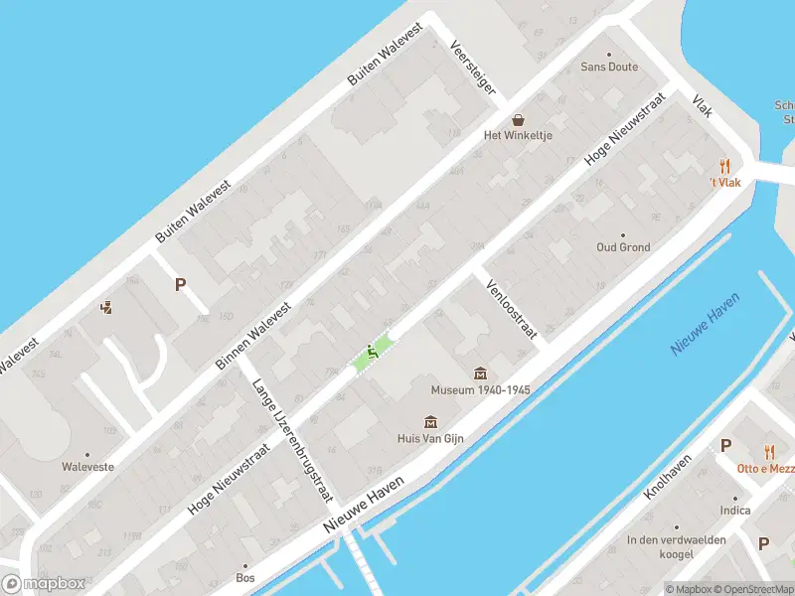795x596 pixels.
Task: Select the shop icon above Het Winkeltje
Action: (x=518, y=119)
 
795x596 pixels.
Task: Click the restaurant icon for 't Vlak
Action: (x=725, y=167)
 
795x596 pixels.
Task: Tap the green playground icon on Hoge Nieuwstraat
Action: (x=373, y=351)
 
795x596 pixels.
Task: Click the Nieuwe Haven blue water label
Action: (x=707, y=331)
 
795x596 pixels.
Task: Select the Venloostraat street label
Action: (x=511, y=310)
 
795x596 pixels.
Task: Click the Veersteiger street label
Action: (x=473, y=68)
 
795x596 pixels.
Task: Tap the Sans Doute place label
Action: (x=609, y=68)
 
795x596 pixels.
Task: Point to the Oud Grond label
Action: (x=623, y=247)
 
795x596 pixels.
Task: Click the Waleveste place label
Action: (x=87, y=466)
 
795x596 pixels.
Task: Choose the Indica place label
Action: (x=735, y=511)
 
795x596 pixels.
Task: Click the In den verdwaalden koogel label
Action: (x=676, y=547)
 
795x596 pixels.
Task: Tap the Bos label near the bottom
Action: (x=245, y=577)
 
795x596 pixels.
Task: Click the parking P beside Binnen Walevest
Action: (x=180, y=284)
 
